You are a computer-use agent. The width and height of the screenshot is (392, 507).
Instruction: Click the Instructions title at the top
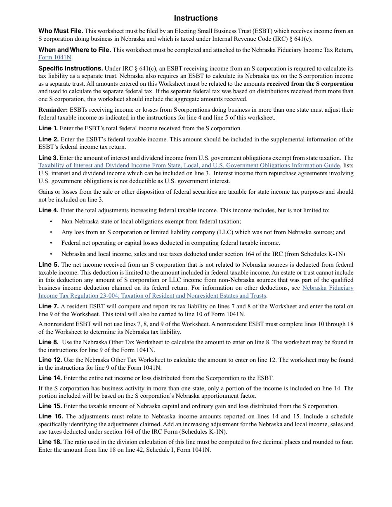click(x=196, y=18)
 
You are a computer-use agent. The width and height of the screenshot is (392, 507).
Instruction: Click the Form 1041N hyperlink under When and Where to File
click(x=55, y=58)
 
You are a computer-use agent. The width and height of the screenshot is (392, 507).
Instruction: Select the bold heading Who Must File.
click(x=61, y=31)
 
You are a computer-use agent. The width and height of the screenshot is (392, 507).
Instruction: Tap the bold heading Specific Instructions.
click(x=71, y=68)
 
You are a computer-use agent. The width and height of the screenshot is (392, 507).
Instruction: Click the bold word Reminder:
click(x=53, y=110)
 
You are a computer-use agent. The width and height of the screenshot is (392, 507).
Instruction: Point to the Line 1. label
click(x=48, y=128)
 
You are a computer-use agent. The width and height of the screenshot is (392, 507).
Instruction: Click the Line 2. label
click(x=48, y=139)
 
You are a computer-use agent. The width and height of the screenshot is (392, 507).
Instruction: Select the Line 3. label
click(x=48, y=158)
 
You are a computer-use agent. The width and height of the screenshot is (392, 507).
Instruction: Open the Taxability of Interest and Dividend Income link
click(x=189, y=166)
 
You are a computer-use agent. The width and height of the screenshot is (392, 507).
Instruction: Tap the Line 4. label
click(x=48, y=210)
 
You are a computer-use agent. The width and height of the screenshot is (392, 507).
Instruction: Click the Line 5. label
click(x=49, y=265)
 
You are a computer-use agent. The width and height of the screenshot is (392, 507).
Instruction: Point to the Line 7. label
click(x=49, y=306)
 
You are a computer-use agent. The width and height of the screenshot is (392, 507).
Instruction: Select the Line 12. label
click(x=50, y=360)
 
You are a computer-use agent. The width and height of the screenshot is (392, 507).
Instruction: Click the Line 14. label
click(x=50, y=378)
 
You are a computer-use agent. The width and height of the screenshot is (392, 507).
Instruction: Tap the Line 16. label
click(x=51, y=416)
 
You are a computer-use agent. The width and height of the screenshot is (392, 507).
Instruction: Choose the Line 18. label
click(x=50, y=442)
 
